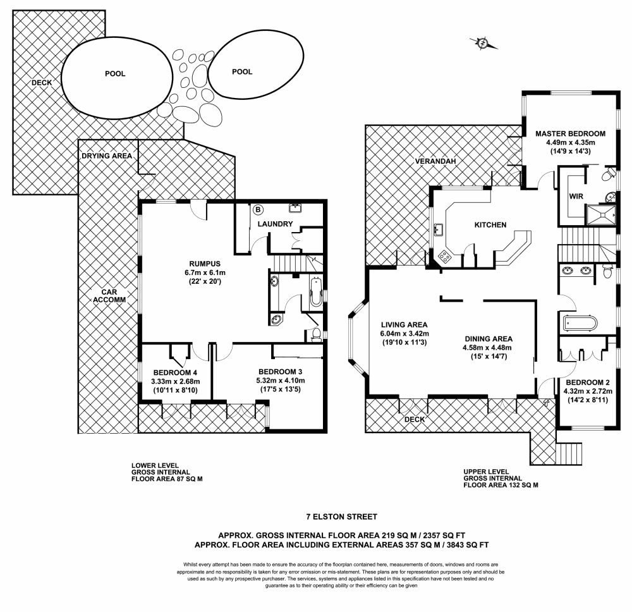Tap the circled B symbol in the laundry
[258, 209]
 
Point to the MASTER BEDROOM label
[570, 133]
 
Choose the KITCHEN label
[490, 224]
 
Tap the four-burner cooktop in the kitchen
[446, 256]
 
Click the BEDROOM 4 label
[175, 372]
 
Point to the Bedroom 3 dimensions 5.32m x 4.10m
[281, 381]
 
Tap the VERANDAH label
[435, 161]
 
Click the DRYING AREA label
[106, 156]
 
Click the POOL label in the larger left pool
[114, 73]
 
